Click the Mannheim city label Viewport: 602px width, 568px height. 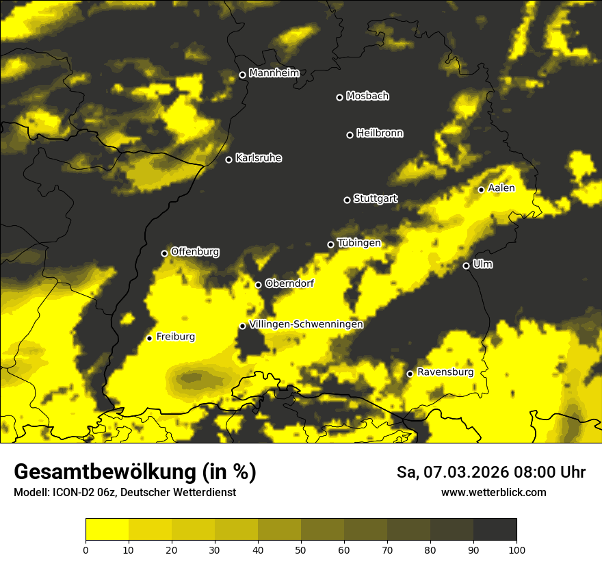tap(274, 73)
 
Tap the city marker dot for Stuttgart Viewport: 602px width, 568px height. tap(347, 200)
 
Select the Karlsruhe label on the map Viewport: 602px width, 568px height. tap(258, 158)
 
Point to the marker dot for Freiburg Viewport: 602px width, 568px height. tap(149, 338)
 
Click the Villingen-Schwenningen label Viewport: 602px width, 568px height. tap(306, 324)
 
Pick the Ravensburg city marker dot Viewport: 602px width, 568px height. tap(410, 374)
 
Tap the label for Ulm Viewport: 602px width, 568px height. tap(482, 264)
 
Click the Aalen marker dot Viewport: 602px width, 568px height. tap(481, 190)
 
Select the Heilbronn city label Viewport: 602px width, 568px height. tap(380, 133)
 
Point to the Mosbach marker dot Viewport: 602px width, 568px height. tap(339, 97)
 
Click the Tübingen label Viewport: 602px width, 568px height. tap(358, 243)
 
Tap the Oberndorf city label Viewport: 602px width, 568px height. tap(289, 283)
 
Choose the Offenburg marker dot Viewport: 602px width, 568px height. tap(164, 253)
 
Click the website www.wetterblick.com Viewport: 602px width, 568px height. tap(493, 492)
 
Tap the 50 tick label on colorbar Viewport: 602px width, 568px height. tap(301, 549)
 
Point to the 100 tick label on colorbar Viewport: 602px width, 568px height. tap(516, 549)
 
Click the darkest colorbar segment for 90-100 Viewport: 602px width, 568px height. tap(495, 530)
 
